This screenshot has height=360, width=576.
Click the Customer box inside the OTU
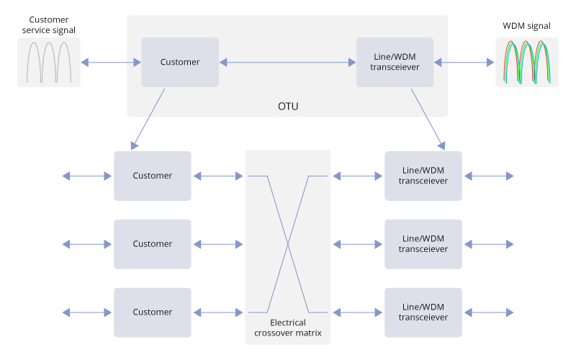[x=180, y=63]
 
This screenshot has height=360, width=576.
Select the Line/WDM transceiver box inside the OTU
[x=395, y=63]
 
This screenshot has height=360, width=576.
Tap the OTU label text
[x=288, y=107]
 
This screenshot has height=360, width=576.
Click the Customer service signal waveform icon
[x=49, y=63]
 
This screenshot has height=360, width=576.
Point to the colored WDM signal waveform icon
[x=527, y=63]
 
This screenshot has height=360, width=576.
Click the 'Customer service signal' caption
[x=49, y=24]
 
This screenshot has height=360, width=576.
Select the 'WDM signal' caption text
[x=526, y=26]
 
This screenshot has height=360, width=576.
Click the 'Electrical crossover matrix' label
[x=288, y=328]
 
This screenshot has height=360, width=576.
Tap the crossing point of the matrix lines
[x=288, y=245]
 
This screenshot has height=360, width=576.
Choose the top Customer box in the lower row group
[x=153, y=176]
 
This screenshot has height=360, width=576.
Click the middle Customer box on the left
[x=153, y=244]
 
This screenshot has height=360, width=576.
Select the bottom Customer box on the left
[x=153, y=312]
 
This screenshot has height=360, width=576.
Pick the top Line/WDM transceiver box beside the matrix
[x=423, y=176]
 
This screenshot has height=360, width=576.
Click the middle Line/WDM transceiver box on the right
[x=423, y=244]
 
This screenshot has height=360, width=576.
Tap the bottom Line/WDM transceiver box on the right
[x=423, y=312]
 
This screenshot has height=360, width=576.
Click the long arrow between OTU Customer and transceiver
[x=288, y=63]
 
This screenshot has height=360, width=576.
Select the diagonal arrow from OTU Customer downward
[x=148, y=119]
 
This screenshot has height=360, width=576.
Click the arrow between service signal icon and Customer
[x=111, y=63]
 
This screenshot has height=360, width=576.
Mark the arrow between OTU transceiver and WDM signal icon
[x=464, y=63]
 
